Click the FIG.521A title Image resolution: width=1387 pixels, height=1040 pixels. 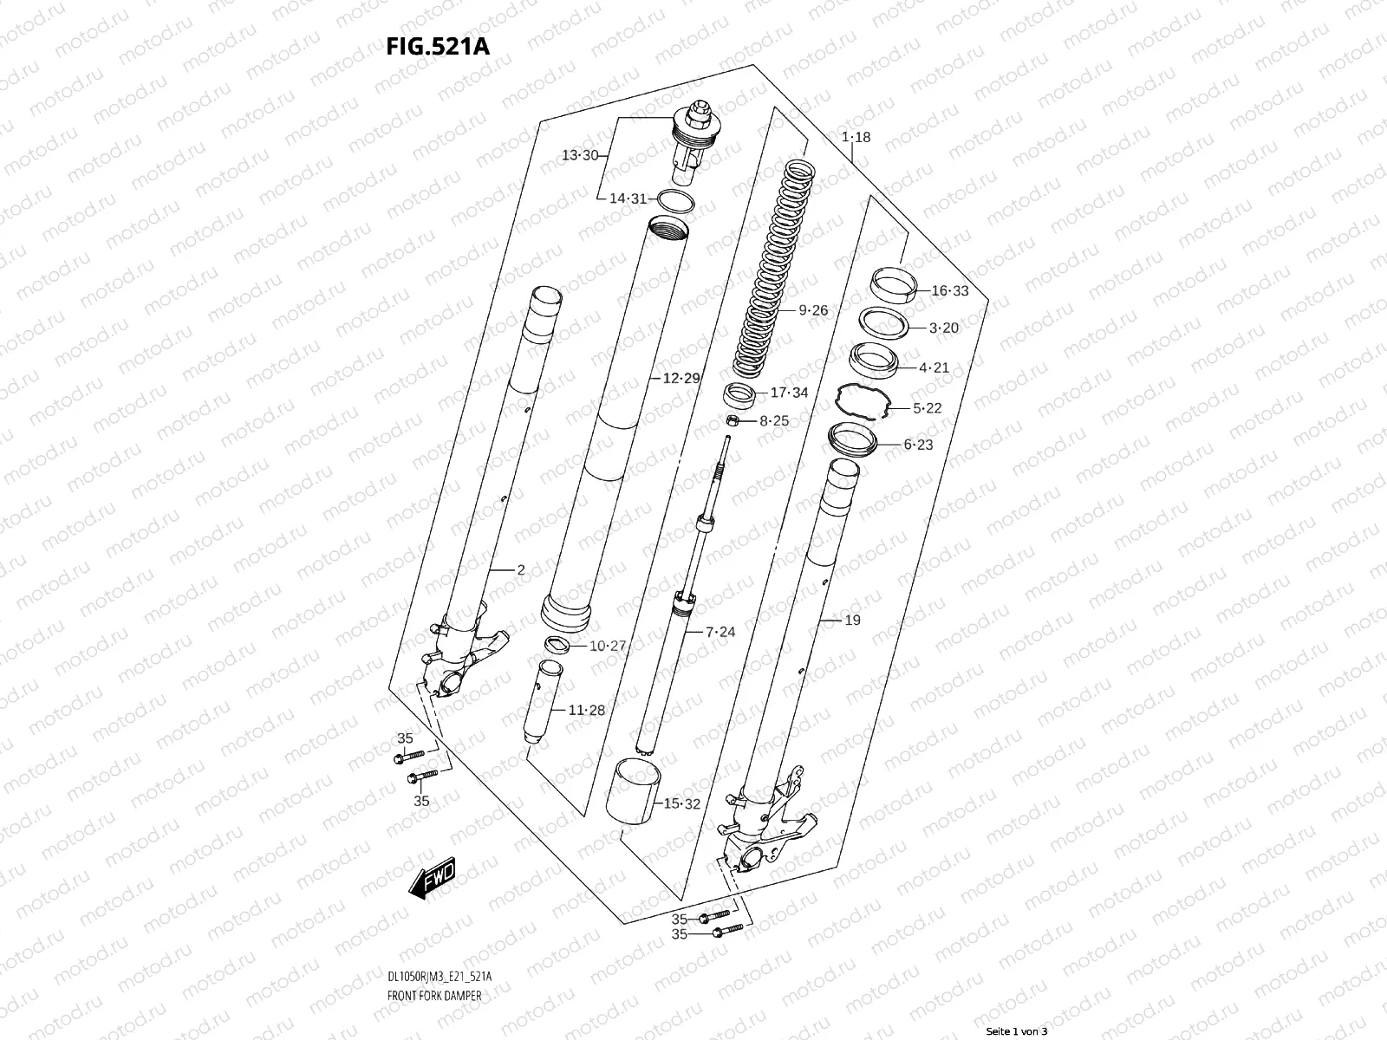pos(438,46)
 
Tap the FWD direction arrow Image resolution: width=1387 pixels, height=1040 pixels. pos(433,877)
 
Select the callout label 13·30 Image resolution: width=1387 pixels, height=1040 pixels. pos(580,155)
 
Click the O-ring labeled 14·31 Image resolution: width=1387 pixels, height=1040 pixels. pos(676,201)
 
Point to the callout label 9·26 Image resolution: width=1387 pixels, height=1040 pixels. pos(813,310)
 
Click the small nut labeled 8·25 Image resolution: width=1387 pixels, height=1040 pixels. pos(733,420)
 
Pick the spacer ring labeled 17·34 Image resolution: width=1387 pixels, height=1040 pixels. pos(739,395)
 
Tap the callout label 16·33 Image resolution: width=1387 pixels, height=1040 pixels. pos(950,290)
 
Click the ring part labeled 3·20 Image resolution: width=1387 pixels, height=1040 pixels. pos(883,323)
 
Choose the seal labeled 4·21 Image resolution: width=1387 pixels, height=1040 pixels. pos(873,361)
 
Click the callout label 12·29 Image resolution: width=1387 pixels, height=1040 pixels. pos(681,378)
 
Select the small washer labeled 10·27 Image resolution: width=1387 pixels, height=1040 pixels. pos(557,645)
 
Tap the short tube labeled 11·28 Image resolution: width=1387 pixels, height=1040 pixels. pos(543,701)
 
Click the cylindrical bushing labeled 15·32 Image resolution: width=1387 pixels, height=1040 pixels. pos(633,790)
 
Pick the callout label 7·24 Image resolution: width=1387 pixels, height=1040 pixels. pos(720,632)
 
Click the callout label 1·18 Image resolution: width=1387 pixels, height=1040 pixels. pos(856,137)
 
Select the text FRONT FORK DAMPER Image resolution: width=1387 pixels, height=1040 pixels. pos(434,996)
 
